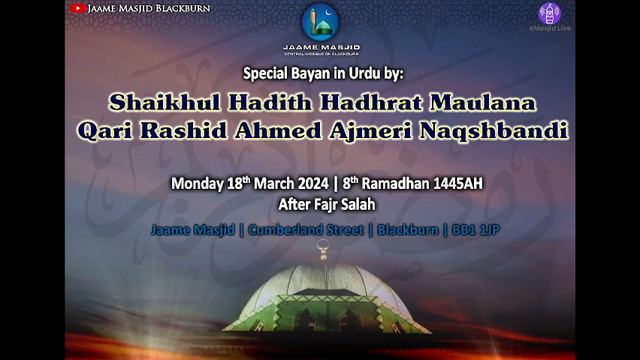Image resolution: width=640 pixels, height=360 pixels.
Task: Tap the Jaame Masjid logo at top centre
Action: (321, 23)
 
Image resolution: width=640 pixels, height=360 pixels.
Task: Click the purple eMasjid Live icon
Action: (549, 13)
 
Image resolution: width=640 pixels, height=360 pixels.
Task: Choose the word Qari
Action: (110, 131)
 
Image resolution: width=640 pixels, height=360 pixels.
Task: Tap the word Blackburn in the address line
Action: (406, 230)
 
